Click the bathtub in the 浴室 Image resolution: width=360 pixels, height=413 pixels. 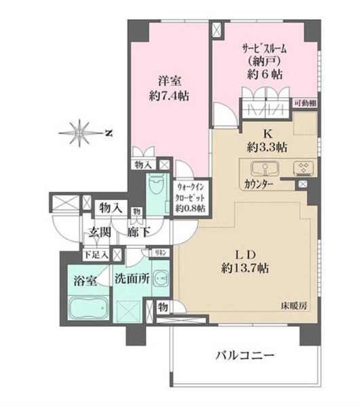87,310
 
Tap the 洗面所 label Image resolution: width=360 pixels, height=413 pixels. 131,277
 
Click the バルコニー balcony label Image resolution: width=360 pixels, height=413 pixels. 244,356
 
